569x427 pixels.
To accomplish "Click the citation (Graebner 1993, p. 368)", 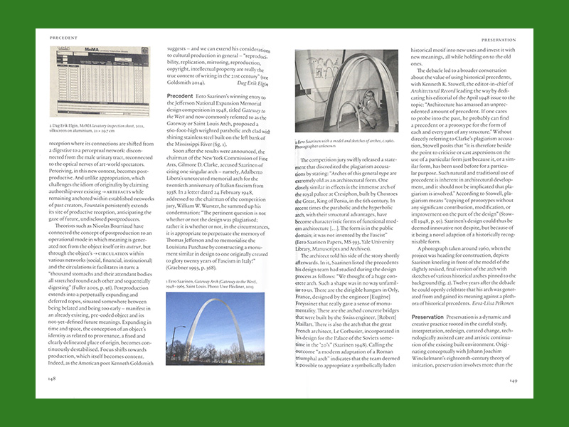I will point(193,268).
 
